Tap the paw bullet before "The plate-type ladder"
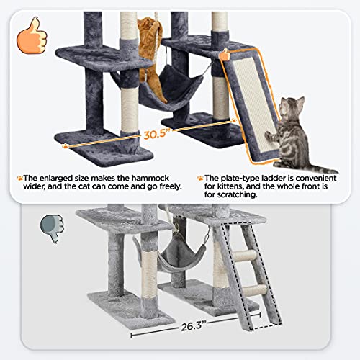[x=199, y=178]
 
